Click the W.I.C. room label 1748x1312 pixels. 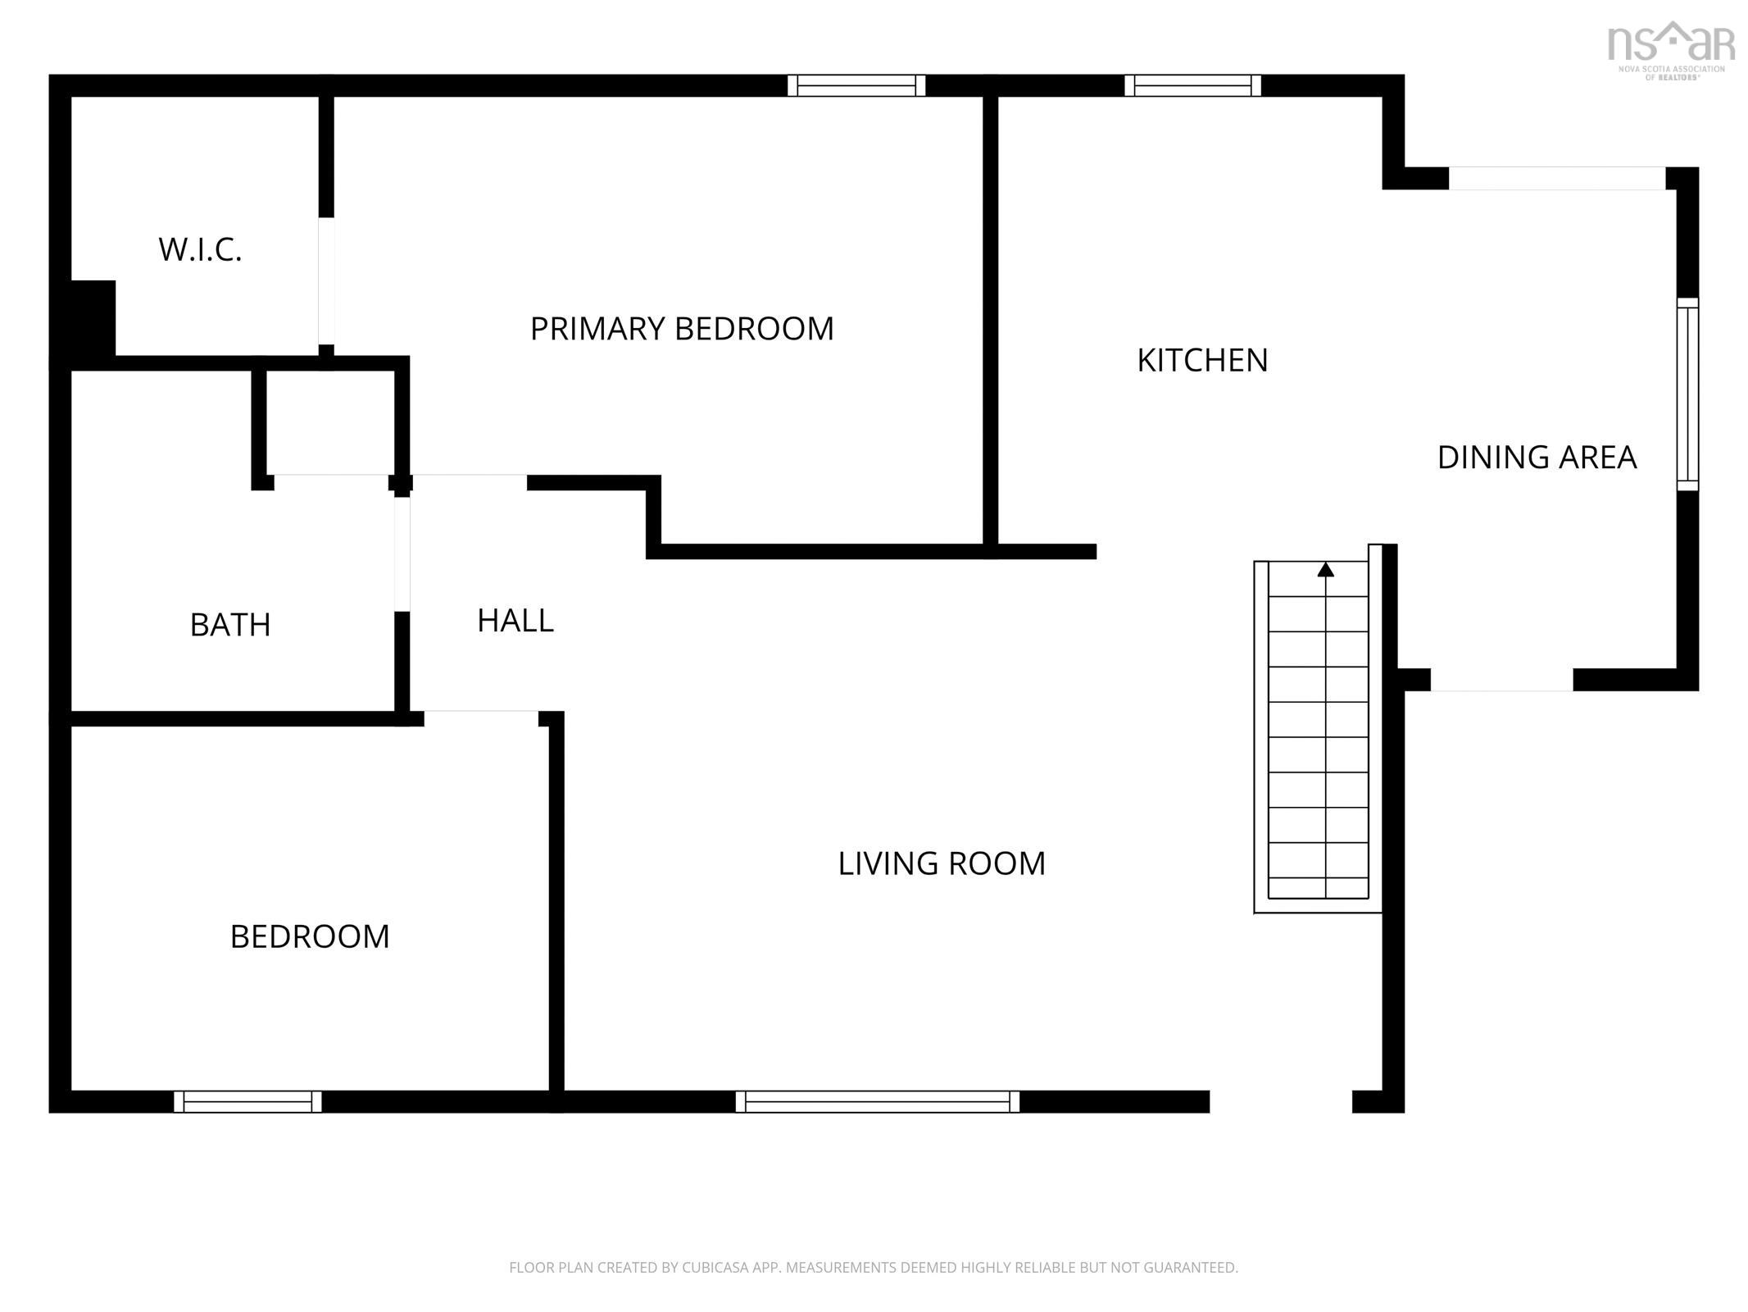click(x=200, y=249)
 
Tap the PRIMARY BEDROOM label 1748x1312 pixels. click(x=682, y=329)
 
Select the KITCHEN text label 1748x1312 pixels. click(x=1202, y=360)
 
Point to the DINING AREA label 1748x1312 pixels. click(x=1537, y=457)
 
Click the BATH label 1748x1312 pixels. click(x=230, y=625)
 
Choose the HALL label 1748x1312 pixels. click(x=515, y=621)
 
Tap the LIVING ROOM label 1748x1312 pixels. click(x=942, y=863)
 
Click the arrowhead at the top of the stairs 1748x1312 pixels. click(x=1325, y=569)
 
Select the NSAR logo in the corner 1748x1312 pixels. click(x=1672, y=50)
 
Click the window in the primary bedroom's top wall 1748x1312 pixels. click(x=856, y=85)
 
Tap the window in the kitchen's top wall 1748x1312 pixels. click(x=1192, y=85)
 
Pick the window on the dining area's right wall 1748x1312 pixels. click(x=1687, y=394)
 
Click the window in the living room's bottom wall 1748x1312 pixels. click(x=877, y=1101)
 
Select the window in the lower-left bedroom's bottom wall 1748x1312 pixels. click(x=247, y=1101)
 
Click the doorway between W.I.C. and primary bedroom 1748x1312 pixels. click(x=326, y=281)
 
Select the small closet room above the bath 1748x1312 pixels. click(x=330, y=421)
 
